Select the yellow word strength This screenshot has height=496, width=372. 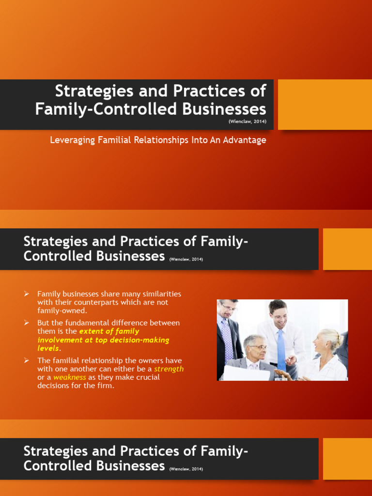pyautogui.click(x=169, y=369)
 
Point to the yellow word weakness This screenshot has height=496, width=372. pyautogui.click(x=70, y=377)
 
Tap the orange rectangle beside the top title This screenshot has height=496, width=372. pyautogui.click(x=325, y=104)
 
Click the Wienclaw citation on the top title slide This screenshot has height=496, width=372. pyautogui.click(x=248, y=122)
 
